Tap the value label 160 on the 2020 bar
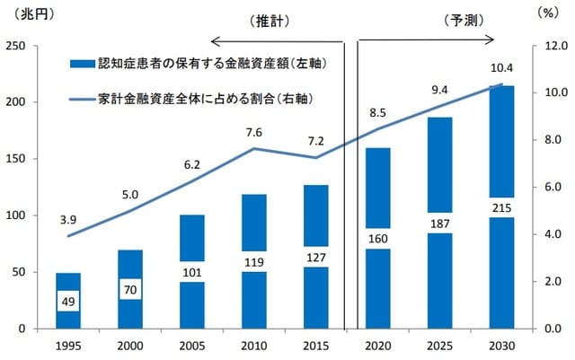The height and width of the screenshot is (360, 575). (x=377, y=239)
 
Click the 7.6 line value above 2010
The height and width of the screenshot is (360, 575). (x=254, y=133)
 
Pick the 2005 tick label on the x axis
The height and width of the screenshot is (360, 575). (x=190, y=346)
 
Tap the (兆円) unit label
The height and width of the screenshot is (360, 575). (x=27, y=13)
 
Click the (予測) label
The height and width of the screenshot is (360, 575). (x=465, y=19)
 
